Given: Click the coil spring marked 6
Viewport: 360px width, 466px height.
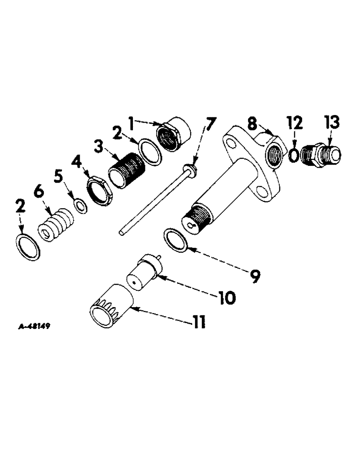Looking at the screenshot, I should [x=55, y=226].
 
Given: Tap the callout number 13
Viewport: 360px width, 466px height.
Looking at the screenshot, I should [x=333, y=124].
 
